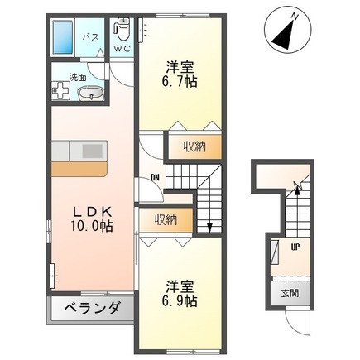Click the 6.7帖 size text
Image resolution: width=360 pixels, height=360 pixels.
(x=180, y=81)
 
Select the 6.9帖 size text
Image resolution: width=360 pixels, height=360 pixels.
(x=180, y=302)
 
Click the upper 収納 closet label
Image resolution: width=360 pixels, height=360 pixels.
(x=194, y=146)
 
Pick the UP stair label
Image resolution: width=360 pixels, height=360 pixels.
(x=294, y=246)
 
